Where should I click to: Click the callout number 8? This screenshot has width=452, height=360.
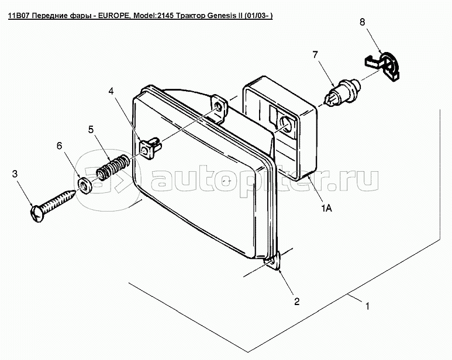363,22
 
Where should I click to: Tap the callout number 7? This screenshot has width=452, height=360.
315,54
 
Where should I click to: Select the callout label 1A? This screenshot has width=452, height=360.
327,207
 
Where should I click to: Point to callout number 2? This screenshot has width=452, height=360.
296,301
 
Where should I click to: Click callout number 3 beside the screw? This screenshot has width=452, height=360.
15,174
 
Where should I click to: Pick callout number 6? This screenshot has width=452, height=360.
59,146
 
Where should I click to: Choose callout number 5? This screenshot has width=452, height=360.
91,130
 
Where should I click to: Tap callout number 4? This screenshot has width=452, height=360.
111,91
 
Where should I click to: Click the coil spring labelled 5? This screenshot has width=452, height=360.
111,168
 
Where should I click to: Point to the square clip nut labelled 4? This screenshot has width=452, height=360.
150,147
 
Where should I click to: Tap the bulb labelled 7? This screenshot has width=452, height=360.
343,93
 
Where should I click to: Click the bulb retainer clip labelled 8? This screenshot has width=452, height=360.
384,65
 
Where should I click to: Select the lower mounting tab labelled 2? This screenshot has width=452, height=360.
274,261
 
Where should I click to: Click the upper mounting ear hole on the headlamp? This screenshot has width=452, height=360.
219,108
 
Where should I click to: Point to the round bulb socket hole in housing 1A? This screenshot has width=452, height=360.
286,124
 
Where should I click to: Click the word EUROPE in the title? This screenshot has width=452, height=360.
113,16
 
